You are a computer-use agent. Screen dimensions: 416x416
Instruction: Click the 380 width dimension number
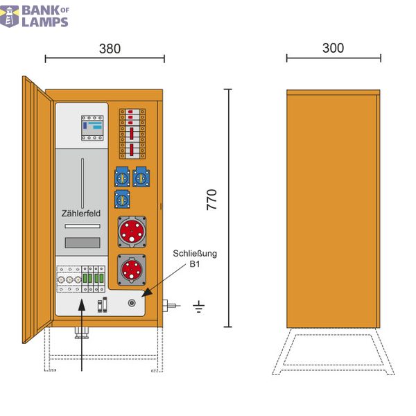[110, 49]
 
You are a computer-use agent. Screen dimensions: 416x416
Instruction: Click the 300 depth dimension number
[333, 48]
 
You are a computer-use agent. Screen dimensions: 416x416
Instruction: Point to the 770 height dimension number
[211, 200]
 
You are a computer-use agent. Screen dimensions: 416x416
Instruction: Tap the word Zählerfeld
[81, 213]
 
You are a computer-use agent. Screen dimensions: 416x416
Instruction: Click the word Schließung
[195, 253]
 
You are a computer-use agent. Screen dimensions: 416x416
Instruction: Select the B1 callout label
[195, 264]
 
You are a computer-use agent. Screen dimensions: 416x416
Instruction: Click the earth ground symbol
[199, 306]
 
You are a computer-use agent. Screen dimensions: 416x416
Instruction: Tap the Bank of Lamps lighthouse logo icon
[10, 17]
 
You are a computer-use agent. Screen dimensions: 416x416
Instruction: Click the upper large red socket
[132, 232]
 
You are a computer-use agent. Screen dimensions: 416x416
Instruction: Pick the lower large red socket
[132, 270]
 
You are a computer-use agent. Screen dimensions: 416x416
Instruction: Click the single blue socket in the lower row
[122, 199]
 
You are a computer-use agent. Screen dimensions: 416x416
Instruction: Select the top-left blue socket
[122, 177]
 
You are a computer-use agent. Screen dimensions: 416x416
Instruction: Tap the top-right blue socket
[141, 177]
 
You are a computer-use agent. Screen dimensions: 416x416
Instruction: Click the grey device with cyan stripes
[92, 128]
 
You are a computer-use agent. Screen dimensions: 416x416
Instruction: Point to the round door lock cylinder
[132, 303]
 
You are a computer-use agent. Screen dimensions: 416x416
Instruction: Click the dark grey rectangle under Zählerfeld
[83, 243]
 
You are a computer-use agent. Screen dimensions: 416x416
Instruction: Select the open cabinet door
[37, 209]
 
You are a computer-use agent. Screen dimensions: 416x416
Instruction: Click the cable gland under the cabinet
[81, 333]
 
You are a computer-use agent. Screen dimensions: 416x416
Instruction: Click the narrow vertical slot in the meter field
[83, 183]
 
